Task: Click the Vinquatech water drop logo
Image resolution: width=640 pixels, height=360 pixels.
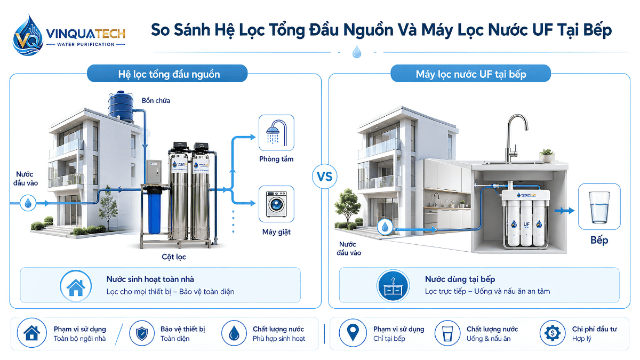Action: [28, 35]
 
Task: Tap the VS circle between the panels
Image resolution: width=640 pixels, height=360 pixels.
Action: [325, 177]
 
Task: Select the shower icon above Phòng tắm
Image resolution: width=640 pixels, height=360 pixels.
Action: [276, 133]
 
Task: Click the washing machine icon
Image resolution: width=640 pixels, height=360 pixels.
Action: [276, 204]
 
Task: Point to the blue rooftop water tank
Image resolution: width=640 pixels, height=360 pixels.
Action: [121, 107]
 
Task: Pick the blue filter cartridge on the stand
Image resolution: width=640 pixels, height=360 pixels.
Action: [154, 211]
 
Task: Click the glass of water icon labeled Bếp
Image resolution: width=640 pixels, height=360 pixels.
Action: [599, 206]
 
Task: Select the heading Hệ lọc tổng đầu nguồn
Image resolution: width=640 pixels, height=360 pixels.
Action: [169, 74]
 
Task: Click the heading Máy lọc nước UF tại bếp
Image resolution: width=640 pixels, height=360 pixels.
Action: [471, 74]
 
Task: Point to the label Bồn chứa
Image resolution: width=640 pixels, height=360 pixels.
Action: [156, 101]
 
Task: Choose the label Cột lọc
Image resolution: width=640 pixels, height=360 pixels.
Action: [174, 257]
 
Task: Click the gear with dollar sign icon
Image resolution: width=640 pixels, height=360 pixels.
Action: [553, 333]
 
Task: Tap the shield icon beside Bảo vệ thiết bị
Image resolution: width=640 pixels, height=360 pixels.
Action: [142, 333]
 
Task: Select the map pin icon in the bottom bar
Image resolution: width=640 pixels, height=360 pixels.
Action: [353, 333]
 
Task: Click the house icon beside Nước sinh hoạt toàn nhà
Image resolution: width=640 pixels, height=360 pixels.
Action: [76, 286]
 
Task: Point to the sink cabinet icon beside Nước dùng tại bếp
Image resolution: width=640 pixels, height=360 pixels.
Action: [393, 285]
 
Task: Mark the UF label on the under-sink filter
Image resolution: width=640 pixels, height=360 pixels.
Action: [526, 225]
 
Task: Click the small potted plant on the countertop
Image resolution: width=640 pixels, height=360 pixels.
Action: [547, 156]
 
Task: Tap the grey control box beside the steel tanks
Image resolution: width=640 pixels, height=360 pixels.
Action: [154, 172]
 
